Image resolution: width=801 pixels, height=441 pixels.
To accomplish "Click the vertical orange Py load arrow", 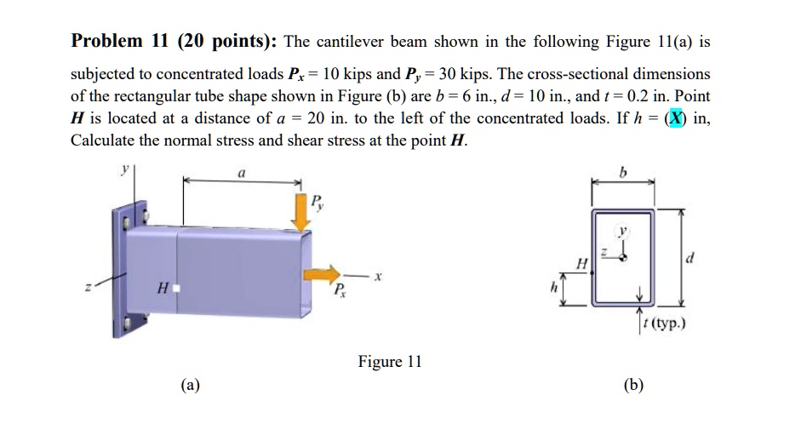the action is (300, 211).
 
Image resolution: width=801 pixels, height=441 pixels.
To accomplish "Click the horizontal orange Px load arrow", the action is (321, 274).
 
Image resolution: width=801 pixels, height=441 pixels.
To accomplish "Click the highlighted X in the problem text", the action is (677, 118).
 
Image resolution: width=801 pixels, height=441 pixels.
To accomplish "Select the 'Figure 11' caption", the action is (390, 362).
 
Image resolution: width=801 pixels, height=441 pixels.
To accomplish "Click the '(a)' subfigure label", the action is (191, 385).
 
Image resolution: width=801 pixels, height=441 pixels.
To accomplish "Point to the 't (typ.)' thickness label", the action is (666, 323).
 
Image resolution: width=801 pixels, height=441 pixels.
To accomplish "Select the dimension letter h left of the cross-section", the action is (554, 289).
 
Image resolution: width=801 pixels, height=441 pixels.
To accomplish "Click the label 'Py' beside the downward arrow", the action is (318, 202).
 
